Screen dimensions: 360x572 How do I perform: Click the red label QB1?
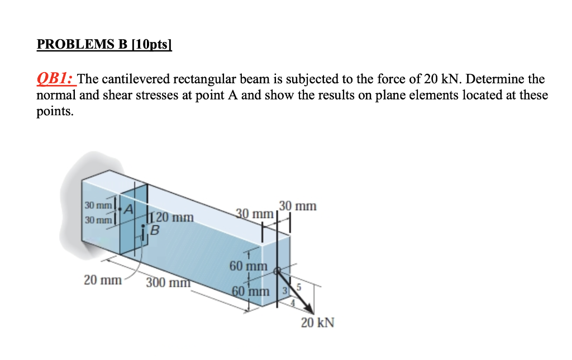coord(56,79)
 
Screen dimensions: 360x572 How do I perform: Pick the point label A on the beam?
coord(128,209)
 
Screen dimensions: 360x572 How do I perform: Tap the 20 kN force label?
coord(317,323)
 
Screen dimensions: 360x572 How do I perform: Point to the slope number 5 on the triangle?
coord(299,288)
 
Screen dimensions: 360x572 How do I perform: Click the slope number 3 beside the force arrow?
coord(284,291)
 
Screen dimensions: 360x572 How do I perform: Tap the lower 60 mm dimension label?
coord(249,292)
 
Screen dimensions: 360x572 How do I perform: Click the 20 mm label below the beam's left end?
coord(102,280)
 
